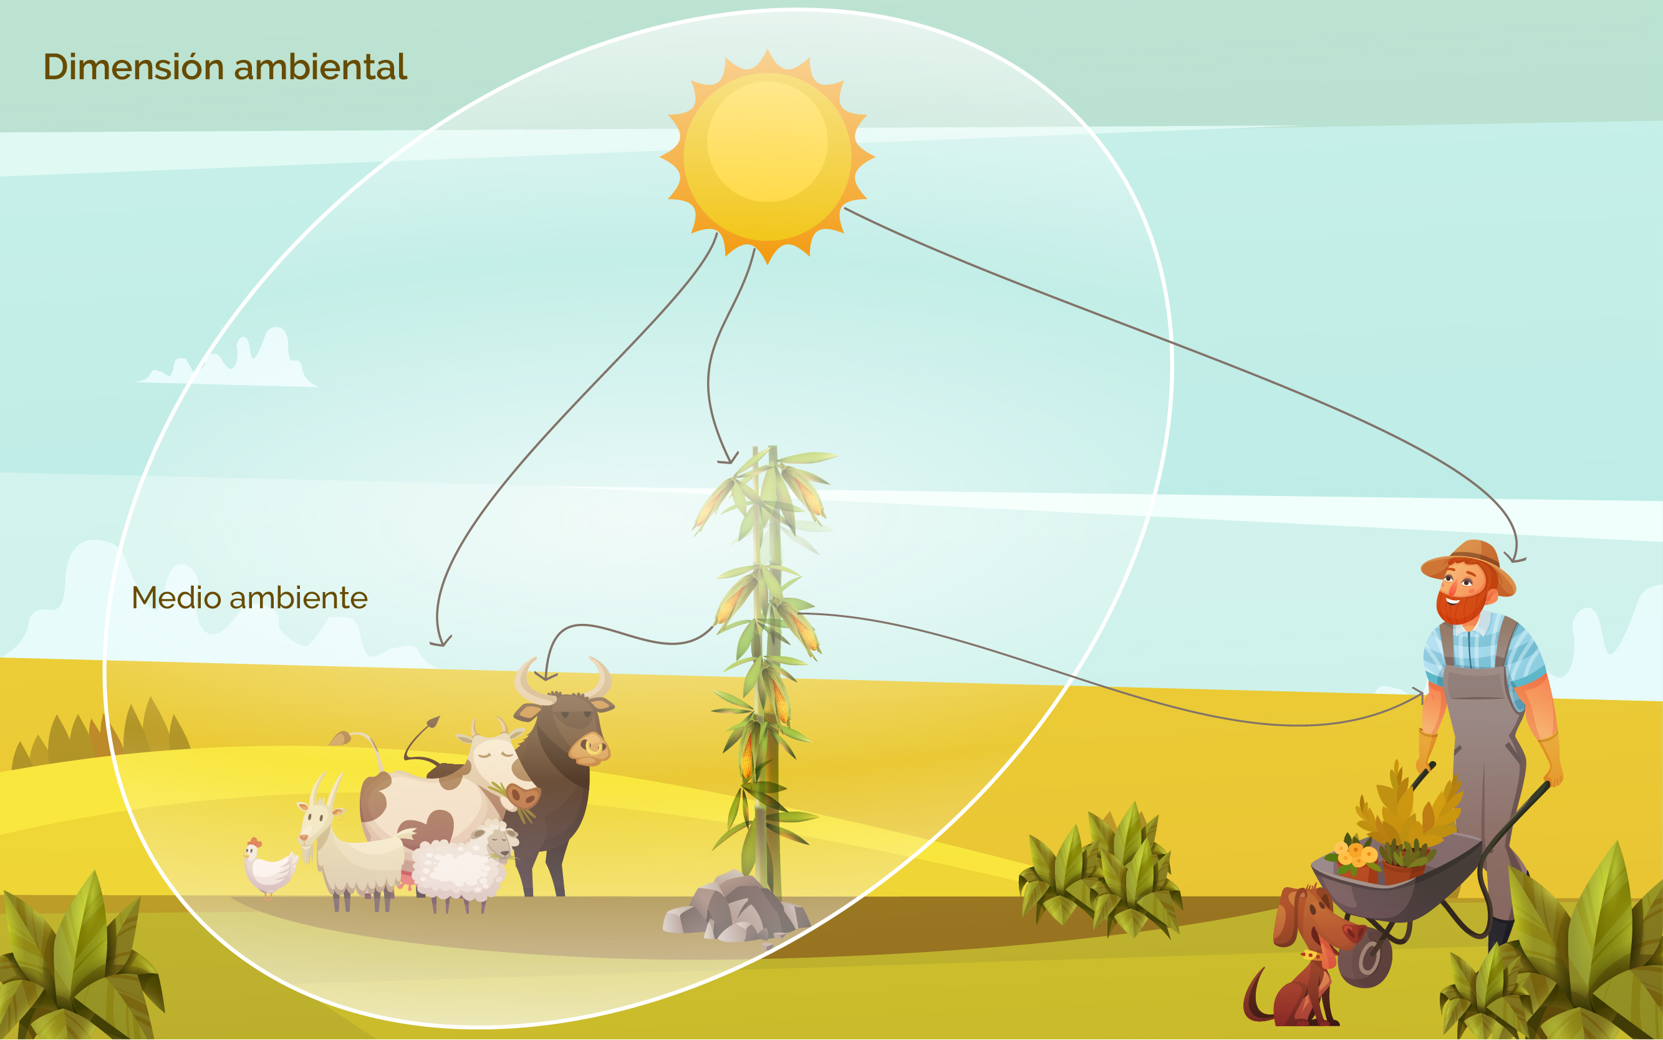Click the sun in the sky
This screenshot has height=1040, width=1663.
(x=767, y=157)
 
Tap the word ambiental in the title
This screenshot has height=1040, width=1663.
(x=321, y=67)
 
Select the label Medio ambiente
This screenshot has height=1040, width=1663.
(x=249, y=597)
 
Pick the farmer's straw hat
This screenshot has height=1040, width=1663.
(x=1468, y=564)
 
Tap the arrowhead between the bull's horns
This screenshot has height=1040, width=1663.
(x=546, y=676)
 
